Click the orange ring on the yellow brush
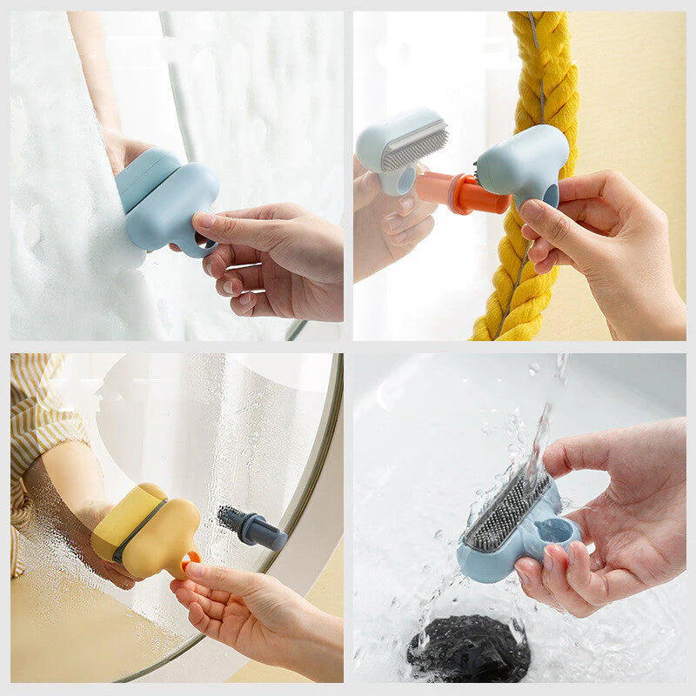188,561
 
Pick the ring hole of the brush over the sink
557,529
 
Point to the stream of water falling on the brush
539,435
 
